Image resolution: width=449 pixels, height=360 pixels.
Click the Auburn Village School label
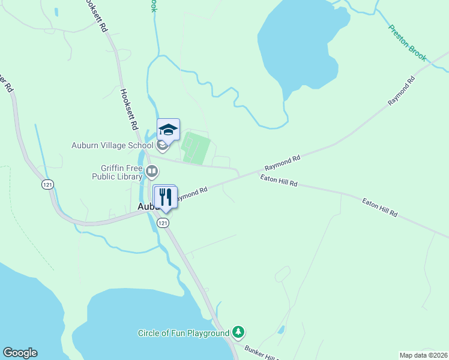point(112,145)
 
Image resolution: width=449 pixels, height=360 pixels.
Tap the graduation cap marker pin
point(168,129)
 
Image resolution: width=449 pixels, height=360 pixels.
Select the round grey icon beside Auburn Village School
point(162,145)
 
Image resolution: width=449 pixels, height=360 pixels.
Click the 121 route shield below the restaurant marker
point(163,223)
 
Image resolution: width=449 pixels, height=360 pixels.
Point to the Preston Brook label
point(407,43)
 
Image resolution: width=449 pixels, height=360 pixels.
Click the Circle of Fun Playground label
point(184,333)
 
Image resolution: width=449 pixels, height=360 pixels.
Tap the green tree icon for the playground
point(239,332)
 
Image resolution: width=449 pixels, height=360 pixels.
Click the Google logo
point(20,353)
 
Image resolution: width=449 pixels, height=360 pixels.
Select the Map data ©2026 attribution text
point(423,355)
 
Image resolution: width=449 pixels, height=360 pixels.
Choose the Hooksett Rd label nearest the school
point(129,110)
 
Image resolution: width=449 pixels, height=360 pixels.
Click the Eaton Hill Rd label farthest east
point(379,208)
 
